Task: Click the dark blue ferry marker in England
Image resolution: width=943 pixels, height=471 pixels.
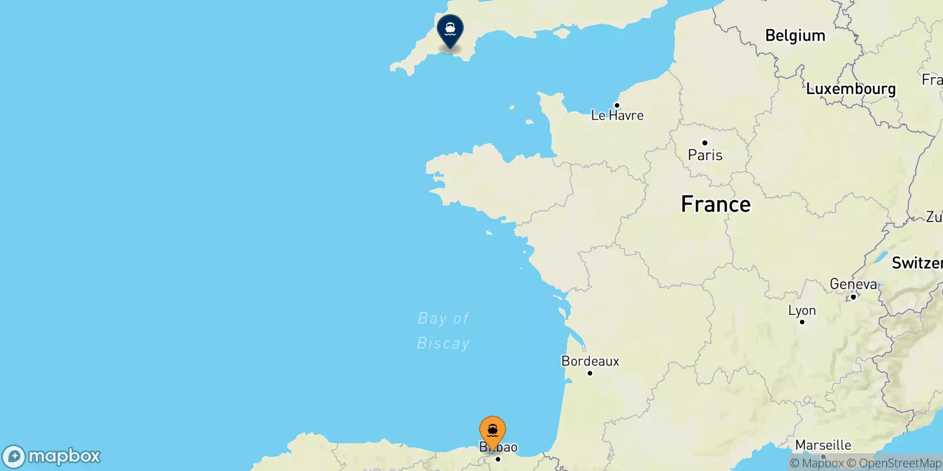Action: (x=450, y=30)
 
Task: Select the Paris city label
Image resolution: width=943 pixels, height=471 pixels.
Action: (x=705, y=155)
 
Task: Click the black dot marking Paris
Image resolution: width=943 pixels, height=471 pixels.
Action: (x=704, y=142)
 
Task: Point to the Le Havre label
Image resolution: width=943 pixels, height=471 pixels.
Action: (x=617, y=116)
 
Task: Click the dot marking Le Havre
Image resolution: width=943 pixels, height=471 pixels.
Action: (x=616, y=105)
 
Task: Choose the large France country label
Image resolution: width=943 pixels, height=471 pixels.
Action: (x=716, y=204)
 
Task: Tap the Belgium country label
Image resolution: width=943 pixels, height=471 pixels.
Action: (x=794, y=36)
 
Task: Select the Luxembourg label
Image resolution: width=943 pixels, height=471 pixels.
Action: (x=850, y=89)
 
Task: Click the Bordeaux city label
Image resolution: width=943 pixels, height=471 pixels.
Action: (x=590, y=361)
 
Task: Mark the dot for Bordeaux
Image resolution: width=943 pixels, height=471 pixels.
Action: (x=589, y=373)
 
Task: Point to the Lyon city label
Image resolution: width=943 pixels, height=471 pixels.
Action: (x=802, y=310)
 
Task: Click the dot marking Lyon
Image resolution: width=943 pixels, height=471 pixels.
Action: (x=802, y=322)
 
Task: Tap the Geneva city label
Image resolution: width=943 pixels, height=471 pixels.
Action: (x=853, y=284)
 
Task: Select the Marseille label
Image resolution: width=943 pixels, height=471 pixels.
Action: (x=823, y=445)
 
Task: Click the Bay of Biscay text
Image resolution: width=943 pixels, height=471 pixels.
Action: (x=443, y=331)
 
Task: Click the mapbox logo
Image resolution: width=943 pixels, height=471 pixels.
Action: (x=52, y=456)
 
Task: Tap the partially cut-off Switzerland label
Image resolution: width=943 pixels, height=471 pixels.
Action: (x=916, y=263)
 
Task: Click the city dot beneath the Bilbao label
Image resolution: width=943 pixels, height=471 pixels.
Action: (x=498, y=459)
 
